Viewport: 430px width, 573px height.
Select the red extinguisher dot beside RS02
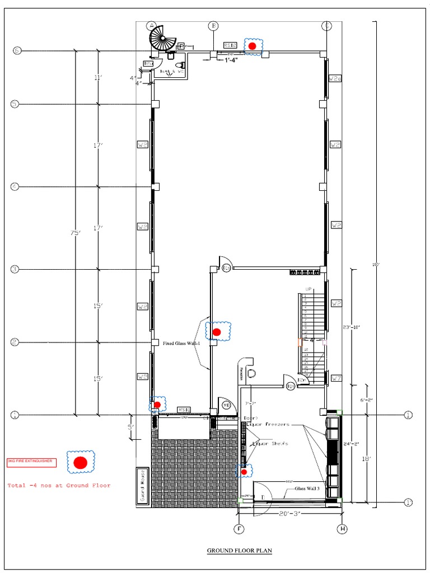pos(252,46)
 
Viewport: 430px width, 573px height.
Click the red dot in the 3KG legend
pos(80,462)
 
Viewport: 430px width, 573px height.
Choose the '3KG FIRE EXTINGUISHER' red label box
pos(31,462)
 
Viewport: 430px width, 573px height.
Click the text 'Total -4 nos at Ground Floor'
pos(59,485)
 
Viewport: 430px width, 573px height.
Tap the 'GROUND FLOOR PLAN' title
pos(239,551)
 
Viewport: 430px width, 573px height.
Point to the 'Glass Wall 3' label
pos(307,488)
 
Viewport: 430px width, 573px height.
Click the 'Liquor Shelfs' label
pos(270,443)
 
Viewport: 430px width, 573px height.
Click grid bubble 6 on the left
pos(17,51)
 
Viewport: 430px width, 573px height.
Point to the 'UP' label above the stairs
pos(308,289)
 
